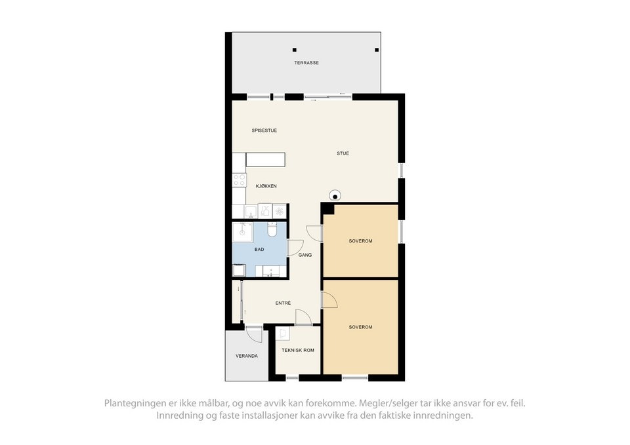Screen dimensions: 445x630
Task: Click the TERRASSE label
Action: click(306, 63)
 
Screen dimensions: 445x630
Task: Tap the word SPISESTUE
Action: click(264, 130)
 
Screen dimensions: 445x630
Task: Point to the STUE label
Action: click(343, 153)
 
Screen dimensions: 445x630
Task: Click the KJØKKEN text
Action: click(266, 186)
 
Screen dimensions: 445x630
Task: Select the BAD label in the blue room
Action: click(259, 249)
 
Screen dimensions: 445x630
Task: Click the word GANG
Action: click(305, 255)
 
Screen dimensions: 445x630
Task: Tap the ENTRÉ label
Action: click(283, 303)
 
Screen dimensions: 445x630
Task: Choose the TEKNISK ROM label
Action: click(298, 350)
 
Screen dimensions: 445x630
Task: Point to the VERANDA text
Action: click(247, 356)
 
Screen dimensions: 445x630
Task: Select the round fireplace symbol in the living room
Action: click(335, 195)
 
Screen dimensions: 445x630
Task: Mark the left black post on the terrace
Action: click(295, 50)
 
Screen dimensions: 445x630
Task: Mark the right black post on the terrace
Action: click(377, 50)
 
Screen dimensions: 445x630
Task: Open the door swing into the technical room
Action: click(303, 318)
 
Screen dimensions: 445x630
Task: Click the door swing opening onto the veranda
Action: click(254, 333)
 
